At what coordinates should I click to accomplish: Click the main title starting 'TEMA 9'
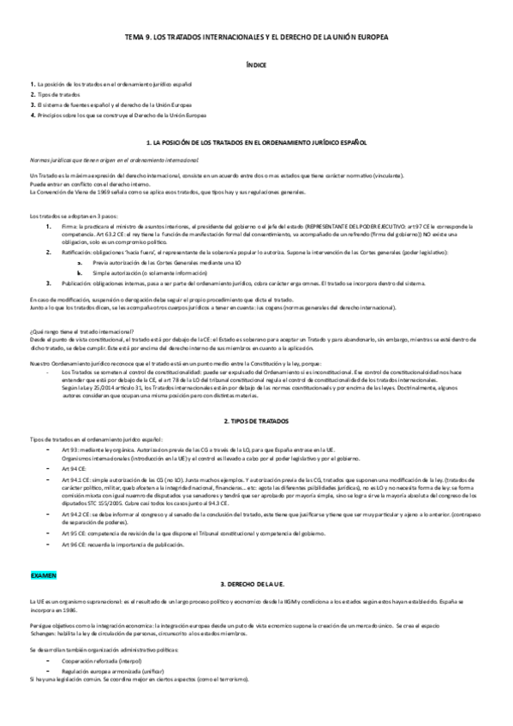point(256,39)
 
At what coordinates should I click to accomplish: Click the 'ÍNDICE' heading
point(256,64)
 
